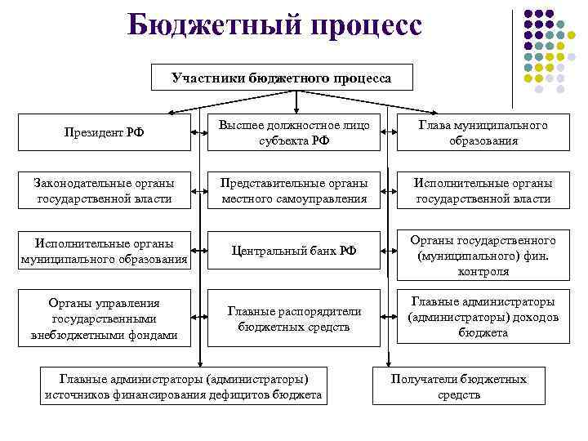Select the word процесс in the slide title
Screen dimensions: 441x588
359,26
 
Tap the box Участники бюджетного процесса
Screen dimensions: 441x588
282,78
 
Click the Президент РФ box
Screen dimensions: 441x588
104,132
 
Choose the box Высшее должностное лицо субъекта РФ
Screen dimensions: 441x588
294,132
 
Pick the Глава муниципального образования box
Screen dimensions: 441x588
483,132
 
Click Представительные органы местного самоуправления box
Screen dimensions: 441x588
294,190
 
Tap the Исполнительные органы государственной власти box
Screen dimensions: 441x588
483,190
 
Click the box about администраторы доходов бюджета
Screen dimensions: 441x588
483,317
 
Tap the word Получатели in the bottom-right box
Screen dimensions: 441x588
423,379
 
